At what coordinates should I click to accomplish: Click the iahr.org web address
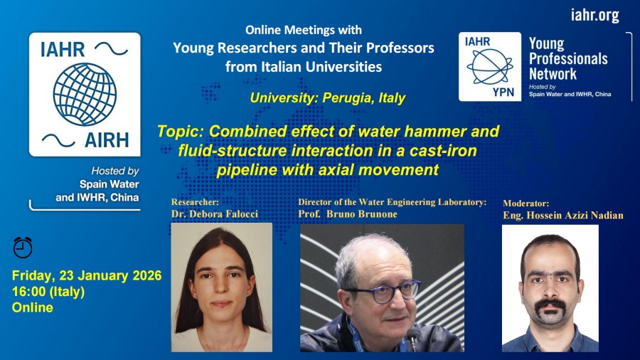(x=594, y=15)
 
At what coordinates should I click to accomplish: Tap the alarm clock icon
(x=23, y=247)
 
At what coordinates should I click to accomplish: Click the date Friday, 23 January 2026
(x=87, y=275)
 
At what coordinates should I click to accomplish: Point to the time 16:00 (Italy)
(x=48, y=292)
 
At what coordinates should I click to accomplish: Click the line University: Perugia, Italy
(x=328, y=98)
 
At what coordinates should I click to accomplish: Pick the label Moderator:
(x=526, y=203)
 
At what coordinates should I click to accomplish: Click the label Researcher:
(x=195, y=202)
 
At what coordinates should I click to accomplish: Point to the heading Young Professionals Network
(x=567, y=58)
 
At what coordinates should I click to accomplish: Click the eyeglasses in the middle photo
(x=383, y=290)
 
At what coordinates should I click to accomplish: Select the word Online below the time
(x=33, y=307)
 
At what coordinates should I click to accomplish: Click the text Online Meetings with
(x=304, y=30)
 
